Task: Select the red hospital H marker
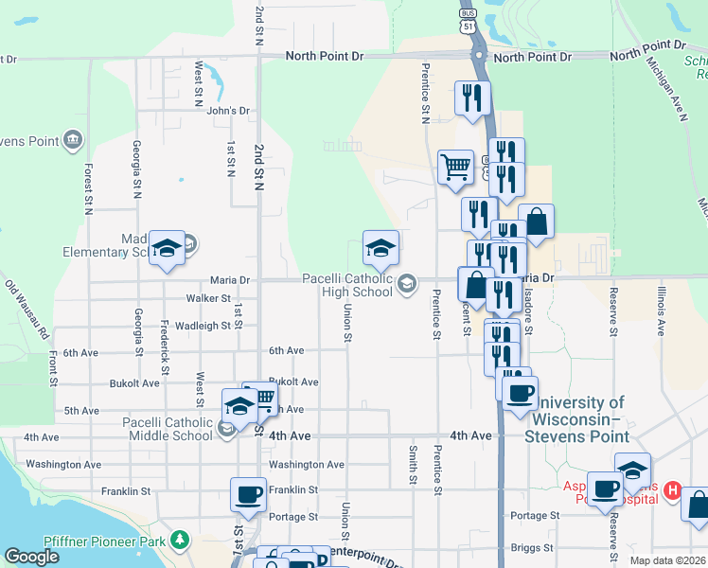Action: coord(672,490)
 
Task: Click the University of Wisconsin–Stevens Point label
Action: coord(577,419)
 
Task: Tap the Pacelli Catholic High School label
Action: coord(346,285)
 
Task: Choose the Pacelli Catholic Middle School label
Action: coord(168,429)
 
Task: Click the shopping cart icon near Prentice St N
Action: coord(455,168)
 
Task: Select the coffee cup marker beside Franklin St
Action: coord(248,493)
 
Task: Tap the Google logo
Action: coord(31,557)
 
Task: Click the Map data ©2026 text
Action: coord(666,560)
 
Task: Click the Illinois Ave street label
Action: coord(660,303)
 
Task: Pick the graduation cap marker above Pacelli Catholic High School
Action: coord(381,248)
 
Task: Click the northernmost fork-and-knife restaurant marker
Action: coord(470,98)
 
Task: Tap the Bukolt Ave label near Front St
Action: coord(136,383)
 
